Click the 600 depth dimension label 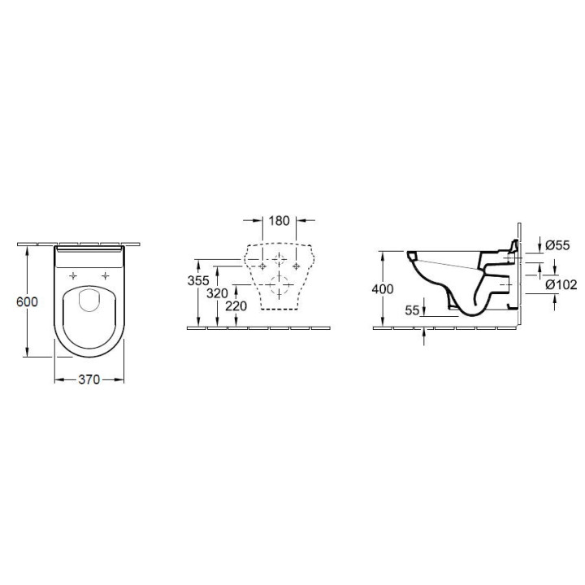[x=27, y=301]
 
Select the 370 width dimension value [x=89, y=379]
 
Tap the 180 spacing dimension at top [x=279, y=221]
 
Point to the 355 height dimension [x=198, y=280]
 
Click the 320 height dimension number [x=217, y=293]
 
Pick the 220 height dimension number [x=236, y=306]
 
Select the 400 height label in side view [x=383, y=289]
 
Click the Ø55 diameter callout [x=557, y=245]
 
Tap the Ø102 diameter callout [x=561, y=284]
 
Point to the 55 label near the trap [x=412, y=310]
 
